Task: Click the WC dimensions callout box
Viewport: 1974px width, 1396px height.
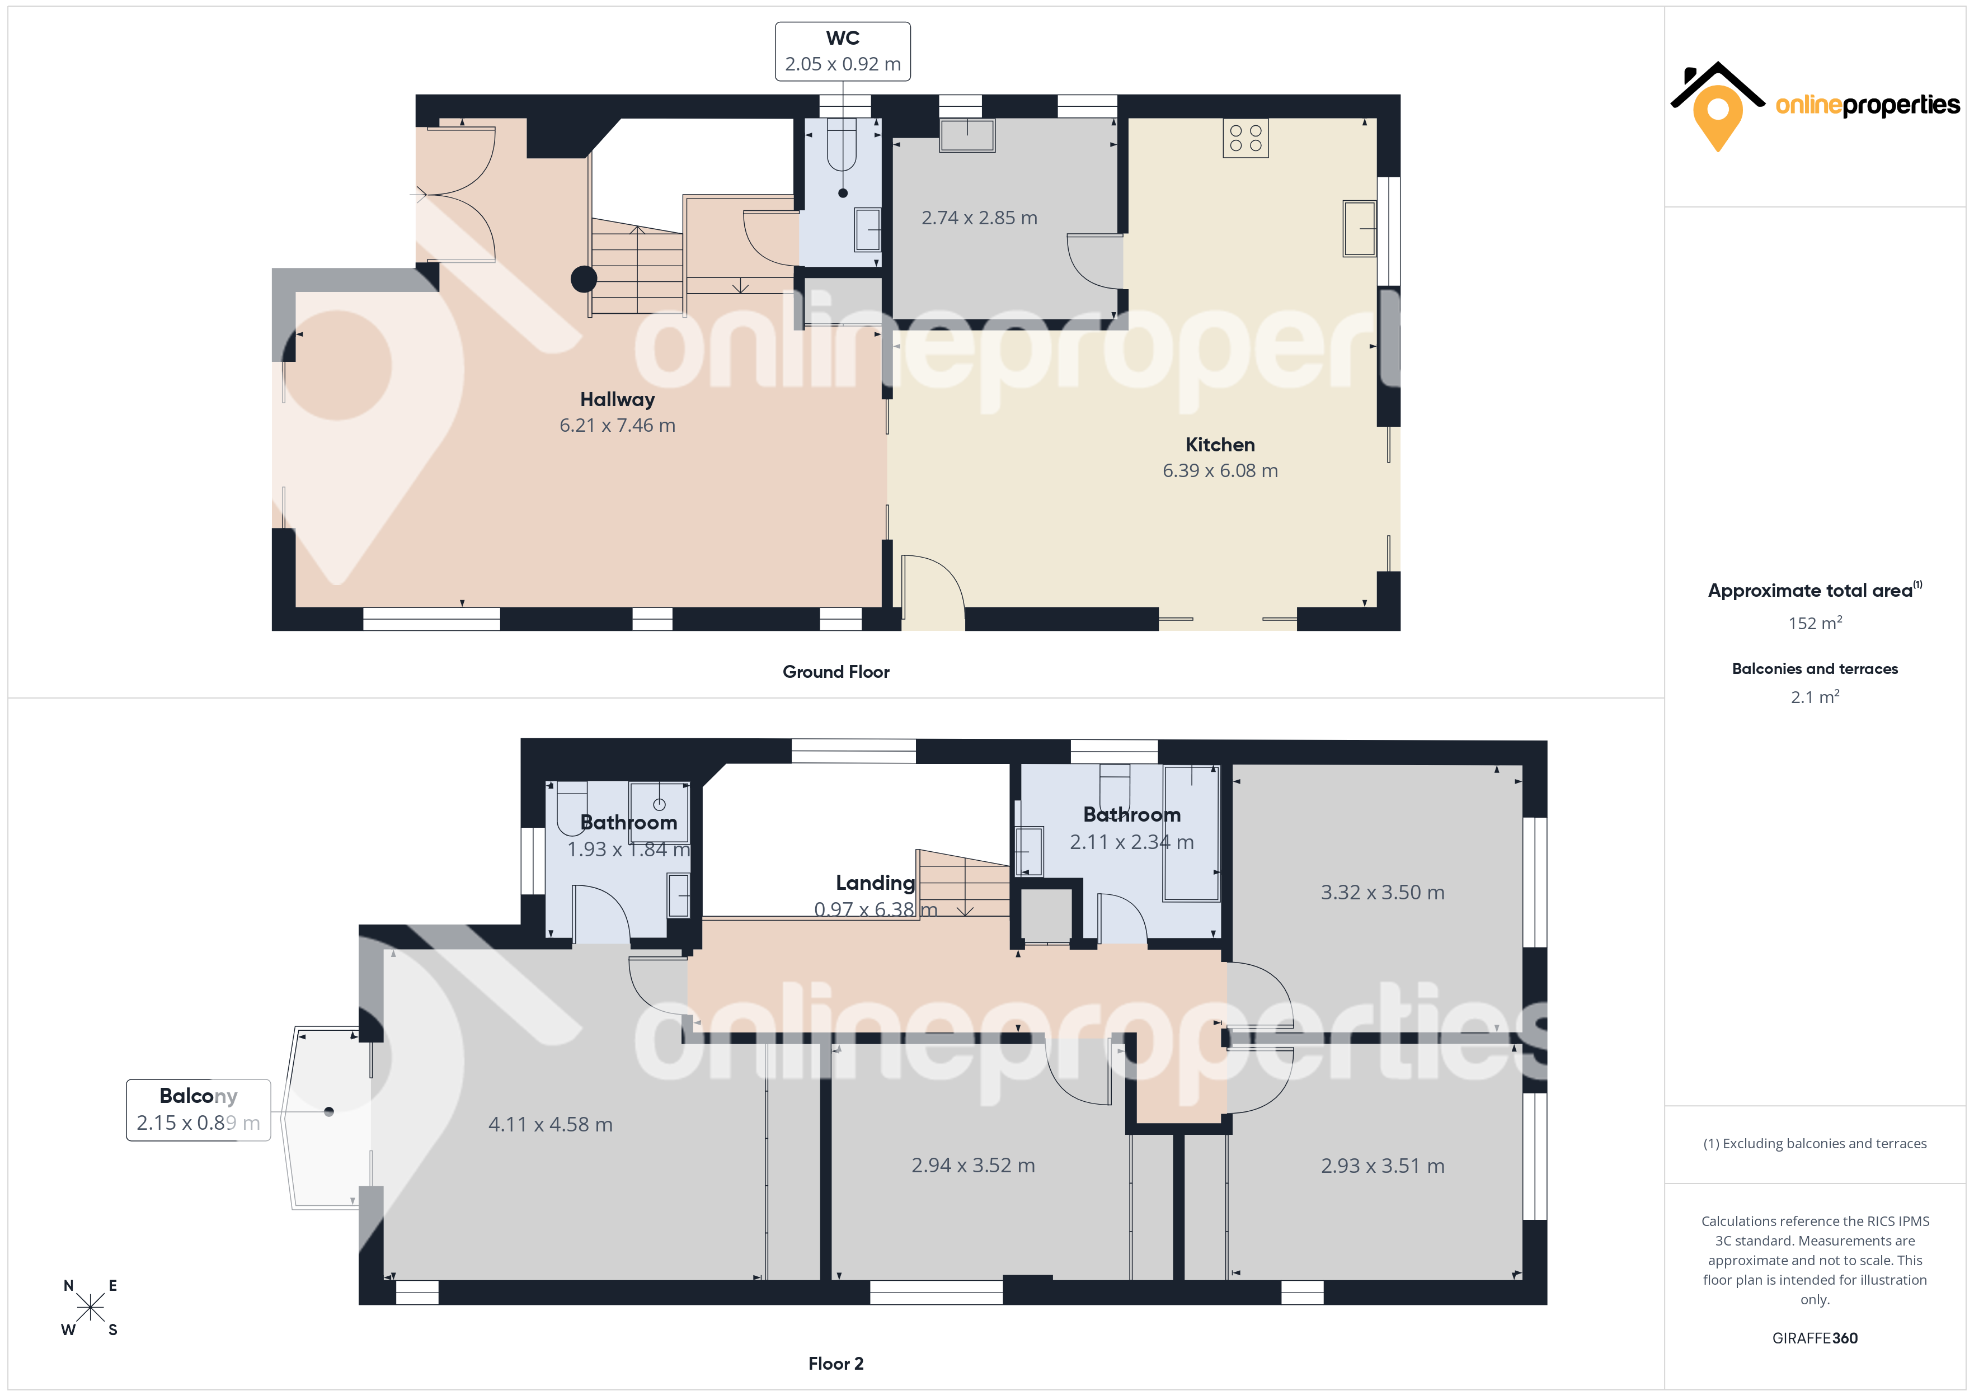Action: pyautogui.click(x=843, y=51)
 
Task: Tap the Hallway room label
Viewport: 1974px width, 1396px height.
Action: pyautogui.click(x=617, y=400)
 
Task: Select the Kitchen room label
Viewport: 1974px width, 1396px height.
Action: pyautogui.click(x=1220, y=445)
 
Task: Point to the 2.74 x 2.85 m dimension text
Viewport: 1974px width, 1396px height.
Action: pyautogui.click(x=979, y=218)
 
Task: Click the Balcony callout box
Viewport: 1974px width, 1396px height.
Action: pyautogui.click(x=199, y=1110)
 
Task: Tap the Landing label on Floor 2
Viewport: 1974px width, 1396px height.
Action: pyautogui.click(x=875, y=883)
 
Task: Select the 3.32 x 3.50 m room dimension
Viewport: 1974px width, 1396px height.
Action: pyautogui.click(x=1383, y=892)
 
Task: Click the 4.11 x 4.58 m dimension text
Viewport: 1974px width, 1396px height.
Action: pyautogui.click(x=550, y=1124)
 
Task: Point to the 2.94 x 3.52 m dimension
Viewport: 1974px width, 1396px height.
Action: pyautogui.click(x=973, y=1166)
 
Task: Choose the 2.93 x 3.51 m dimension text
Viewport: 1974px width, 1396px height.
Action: pyautogui.click(x=1383, y=1166)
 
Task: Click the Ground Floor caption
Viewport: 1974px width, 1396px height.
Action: pyautogui.click(x=836, y=672)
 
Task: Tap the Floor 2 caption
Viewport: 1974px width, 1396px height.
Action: pyautogui.click(x=836, y=1364)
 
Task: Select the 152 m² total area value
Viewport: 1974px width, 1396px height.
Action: pyautogui.click(x=1815, y=622)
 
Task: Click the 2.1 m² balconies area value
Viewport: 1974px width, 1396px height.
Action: pyautogui.click(x=1815, y=696)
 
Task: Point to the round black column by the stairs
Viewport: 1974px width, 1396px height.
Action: pyautogui.click(x=584, y=280)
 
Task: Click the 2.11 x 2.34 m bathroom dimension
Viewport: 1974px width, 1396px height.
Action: pyautogui.click(x=1131, y=842)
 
